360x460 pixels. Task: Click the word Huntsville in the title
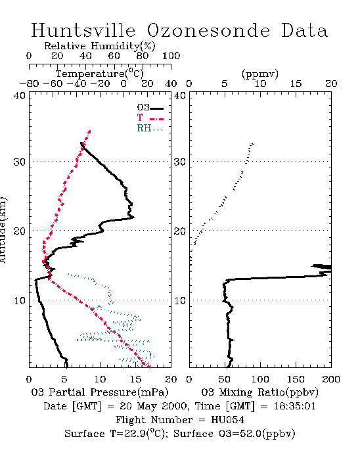(83, 30)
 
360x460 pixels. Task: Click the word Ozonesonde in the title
(208, 30)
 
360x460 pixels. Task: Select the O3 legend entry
(150, 108)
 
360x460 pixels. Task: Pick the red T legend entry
(150, 118)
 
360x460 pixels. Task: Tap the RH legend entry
(150, 128)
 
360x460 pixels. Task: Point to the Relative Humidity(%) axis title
(100, 46)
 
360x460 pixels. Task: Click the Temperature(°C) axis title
(100, 74)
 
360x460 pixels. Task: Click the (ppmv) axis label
(260, 74)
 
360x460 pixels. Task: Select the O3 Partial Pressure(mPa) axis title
(100, 392)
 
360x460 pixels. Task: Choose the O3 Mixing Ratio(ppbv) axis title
(259, 392)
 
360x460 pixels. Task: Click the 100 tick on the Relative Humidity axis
(171, 56)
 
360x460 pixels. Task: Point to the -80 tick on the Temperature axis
(30, 83)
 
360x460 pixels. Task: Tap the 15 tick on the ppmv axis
(296, 83)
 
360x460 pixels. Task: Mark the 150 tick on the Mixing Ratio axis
(296, 379)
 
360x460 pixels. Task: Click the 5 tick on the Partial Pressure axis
(64, 379)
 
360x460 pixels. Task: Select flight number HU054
(228, 420)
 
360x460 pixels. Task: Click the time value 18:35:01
(295, 406)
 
